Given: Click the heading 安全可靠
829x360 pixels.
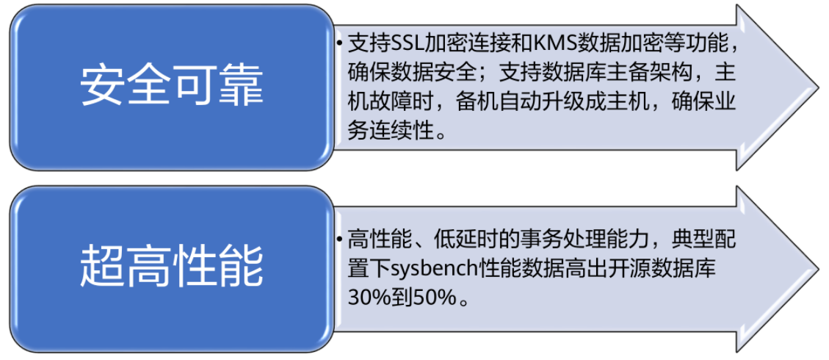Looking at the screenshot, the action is click(x=171, y=87).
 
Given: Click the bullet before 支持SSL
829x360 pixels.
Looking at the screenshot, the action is click(x=340, y=44).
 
